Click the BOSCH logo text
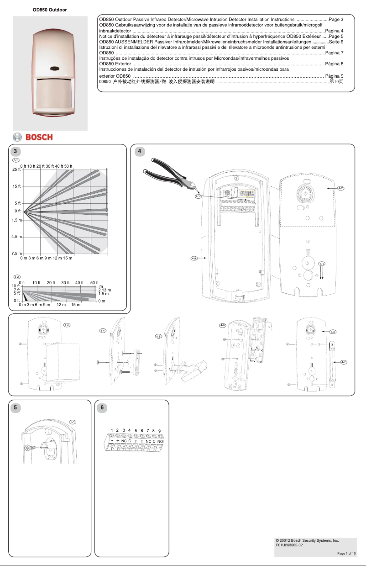39,137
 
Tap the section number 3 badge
16,151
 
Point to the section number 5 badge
16,408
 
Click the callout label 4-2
340,188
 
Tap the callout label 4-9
193,259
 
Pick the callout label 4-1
322,264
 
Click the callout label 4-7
344,362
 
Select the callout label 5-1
73,422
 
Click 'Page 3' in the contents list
336,20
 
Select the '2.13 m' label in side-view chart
105,290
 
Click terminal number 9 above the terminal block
160,431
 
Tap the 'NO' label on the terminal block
160,441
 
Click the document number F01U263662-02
289,545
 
